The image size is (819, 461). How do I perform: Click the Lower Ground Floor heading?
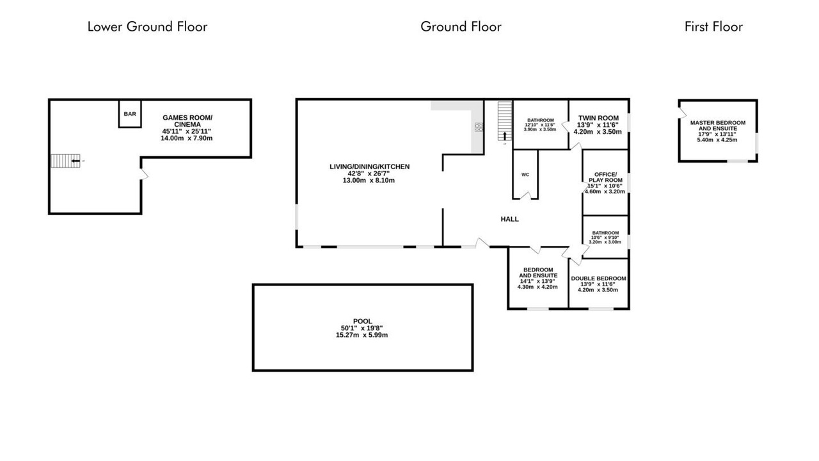pos(147,27)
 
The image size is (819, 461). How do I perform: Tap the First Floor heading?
pos(713,27)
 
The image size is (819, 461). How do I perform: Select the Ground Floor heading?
pos(461,27)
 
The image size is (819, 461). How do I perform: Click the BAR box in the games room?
pos(130,114)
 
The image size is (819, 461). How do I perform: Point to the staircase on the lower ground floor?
pos(65,161)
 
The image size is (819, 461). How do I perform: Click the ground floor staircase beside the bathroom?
pos(505,121)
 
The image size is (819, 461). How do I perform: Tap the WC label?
pos(525,175)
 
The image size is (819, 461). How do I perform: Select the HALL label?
pos(510,219)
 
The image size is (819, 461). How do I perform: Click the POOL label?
pos(362,321)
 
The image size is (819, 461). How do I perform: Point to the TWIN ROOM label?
pos(598,118)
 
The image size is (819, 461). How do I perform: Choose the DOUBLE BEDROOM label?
pos(598,279)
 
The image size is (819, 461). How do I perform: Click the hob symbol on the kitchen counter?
pos(479,127)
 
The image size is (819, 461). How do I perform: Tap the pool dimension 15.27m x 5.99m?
pos(362,335)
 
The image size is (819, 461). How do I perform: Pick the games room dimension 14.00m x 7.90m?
pos(186,138)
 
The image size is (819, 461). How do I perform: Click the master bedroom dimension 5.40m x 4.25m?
pos(717,140)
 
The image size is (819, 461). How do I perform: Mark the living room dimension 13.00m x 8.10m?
pos(369,181)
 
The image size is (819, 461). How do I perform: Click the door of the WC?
pos(525,196)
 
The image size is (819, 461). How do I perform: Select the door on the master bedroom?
pos(682,113)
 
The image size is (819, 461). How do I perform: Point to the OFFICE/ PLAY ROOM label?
pos(605,177)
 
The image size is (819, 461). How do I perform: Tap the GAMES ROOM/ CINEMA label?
pos(187,121)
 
